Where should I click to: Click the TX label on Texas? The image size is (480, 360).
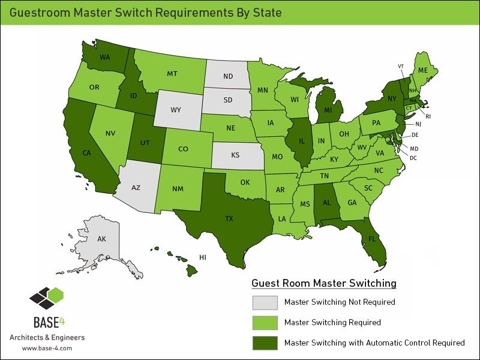point(229,219)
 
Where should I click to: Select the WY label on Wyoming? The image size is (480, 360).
point(176,110)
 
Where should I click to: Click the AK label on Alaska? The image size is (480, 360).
point(101,239)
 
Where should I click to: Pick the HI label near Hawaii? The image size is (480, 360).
point(203,257)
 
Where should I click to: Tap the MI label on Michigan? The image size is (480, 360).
point(328,110)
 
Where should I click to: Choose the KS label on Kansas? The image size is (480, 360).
point(235,154)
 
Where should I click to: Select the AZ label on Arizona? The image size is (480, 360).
point(136,188)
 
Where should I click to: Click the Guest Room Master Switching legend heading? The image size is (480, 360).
point(324,283)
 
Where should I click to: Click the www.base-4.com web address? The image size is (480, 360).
point(47,348)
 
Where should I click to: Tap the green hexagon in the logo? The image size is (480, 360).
point(56,295)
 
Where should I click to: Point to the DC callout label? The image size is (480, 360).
point(413,157)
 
